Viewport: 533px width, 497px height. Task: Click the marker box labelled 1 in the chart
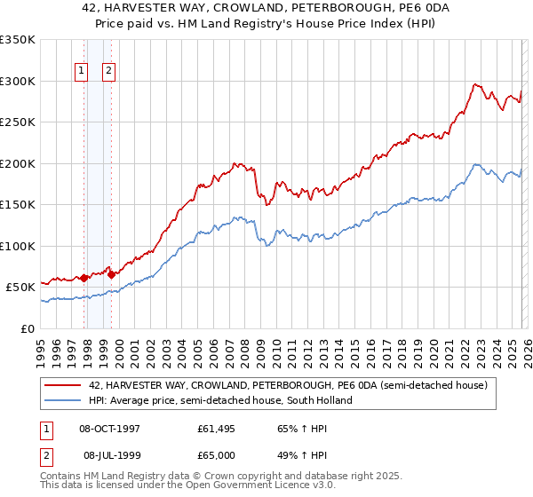(x=82, y=72)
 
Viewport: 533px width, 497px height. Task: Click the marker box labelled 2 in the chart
(x=109, y=72)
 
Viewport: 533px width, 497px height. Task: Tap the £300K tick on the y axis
(x=18, y=81)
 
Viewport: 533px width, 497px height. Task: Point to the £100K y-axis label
(x=18, y=246)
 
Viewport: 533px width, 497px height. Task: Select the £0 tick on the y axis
(x=28, y=328)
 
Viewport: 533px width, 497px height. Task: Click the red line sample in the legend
(x=62, y=386)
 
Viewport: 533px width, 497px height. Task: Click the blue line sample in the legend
(x=62, y=400)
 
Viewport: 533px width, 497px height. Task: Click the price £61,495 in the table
(x=217, y=428)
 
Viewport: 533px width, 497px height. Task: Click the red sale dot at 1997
(x=84, y=278)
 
